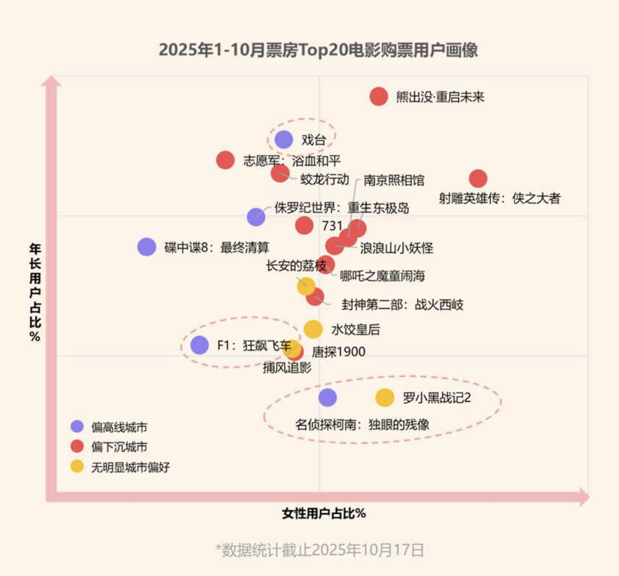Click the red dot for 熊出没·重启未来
click(378, 96)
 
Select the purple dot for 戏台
click(284, 139)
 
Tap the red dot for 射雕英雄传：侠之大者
click(478, 179)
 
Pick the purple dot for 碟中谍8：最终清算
click(146, 246)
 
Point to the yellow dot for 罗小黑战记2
click(385, 397)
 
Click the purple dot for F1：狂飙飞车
click(199, 345)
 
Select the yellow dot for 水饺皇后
click(313, 329)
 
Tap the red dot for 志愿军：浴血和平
click(226, 160)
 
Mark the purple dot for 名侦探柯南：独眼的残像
click(327, 397)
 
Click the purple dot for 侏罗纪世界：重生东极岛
click(256, 216)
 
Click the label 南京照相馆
click(394, 180)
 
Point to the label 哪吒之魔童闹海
click(382, 277)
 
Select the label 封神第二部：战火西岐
click(402, 305)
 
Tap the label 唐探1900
click(339, 352)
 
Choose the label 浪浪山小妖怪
click(397, 248)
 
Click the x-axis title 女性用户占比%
click(324, 513)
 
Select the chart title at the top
click(318, 50)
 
